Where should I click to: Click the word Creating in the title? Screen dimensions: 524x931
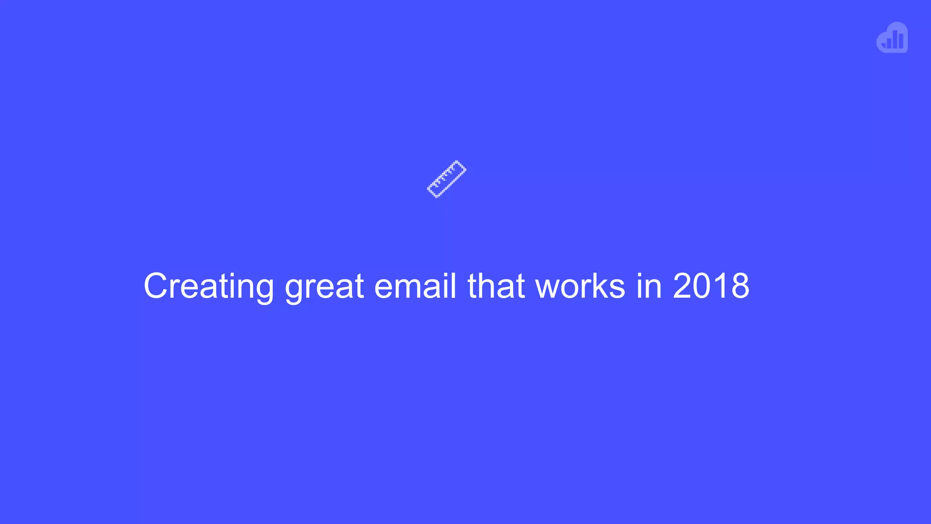pyautogui.click(x=209, y=286)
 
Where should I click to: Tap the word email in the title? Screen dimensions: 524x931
pyautogui.click(x=415, y=286)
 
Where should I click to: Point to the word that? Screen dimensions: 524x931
pyautogui.click(x=496, y=286)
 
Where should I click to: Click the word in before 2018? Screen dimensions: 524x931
pyautogui.click(x=649, y=286)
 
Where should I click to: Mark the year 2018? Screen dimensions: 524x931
pyautogui.click(x=711, y=286)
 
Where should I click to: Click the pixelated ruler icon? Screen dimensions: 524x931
pyautogui.click(x=446, y=179)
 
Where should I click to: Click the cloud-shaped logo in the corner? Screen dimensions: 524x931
pyautogui.click(x=892, y=38)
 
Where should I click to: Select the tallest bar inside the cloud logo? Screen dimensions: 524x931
pyautogui.click(x=895, y=40)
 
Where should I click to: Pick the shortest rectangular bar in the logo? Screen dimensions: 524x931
pyautogui.click(x=889, y=44)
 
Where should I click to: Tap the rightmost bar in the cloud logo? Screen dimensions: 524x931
pyautogui.click(x=901, y=41)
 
